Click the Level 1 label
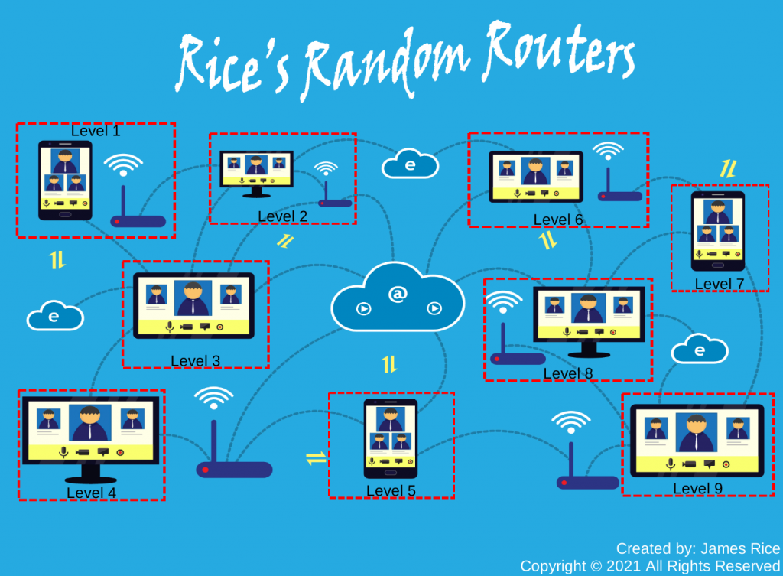point(96,131)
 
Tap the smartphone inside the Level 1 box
point(65,180)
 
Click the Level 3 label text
point(195,361)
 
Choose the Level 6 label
point(558,220)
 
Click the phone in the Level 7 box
point(718,231)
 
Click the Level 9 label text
point(697,489)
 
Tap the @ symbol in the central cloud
point(398,294)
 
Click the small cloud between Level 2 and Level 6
point(410,164)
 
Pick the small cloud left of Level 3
point(54,316)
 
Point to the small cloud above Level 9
point(699,350)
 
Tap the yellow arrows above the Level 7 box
point(728,169)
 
